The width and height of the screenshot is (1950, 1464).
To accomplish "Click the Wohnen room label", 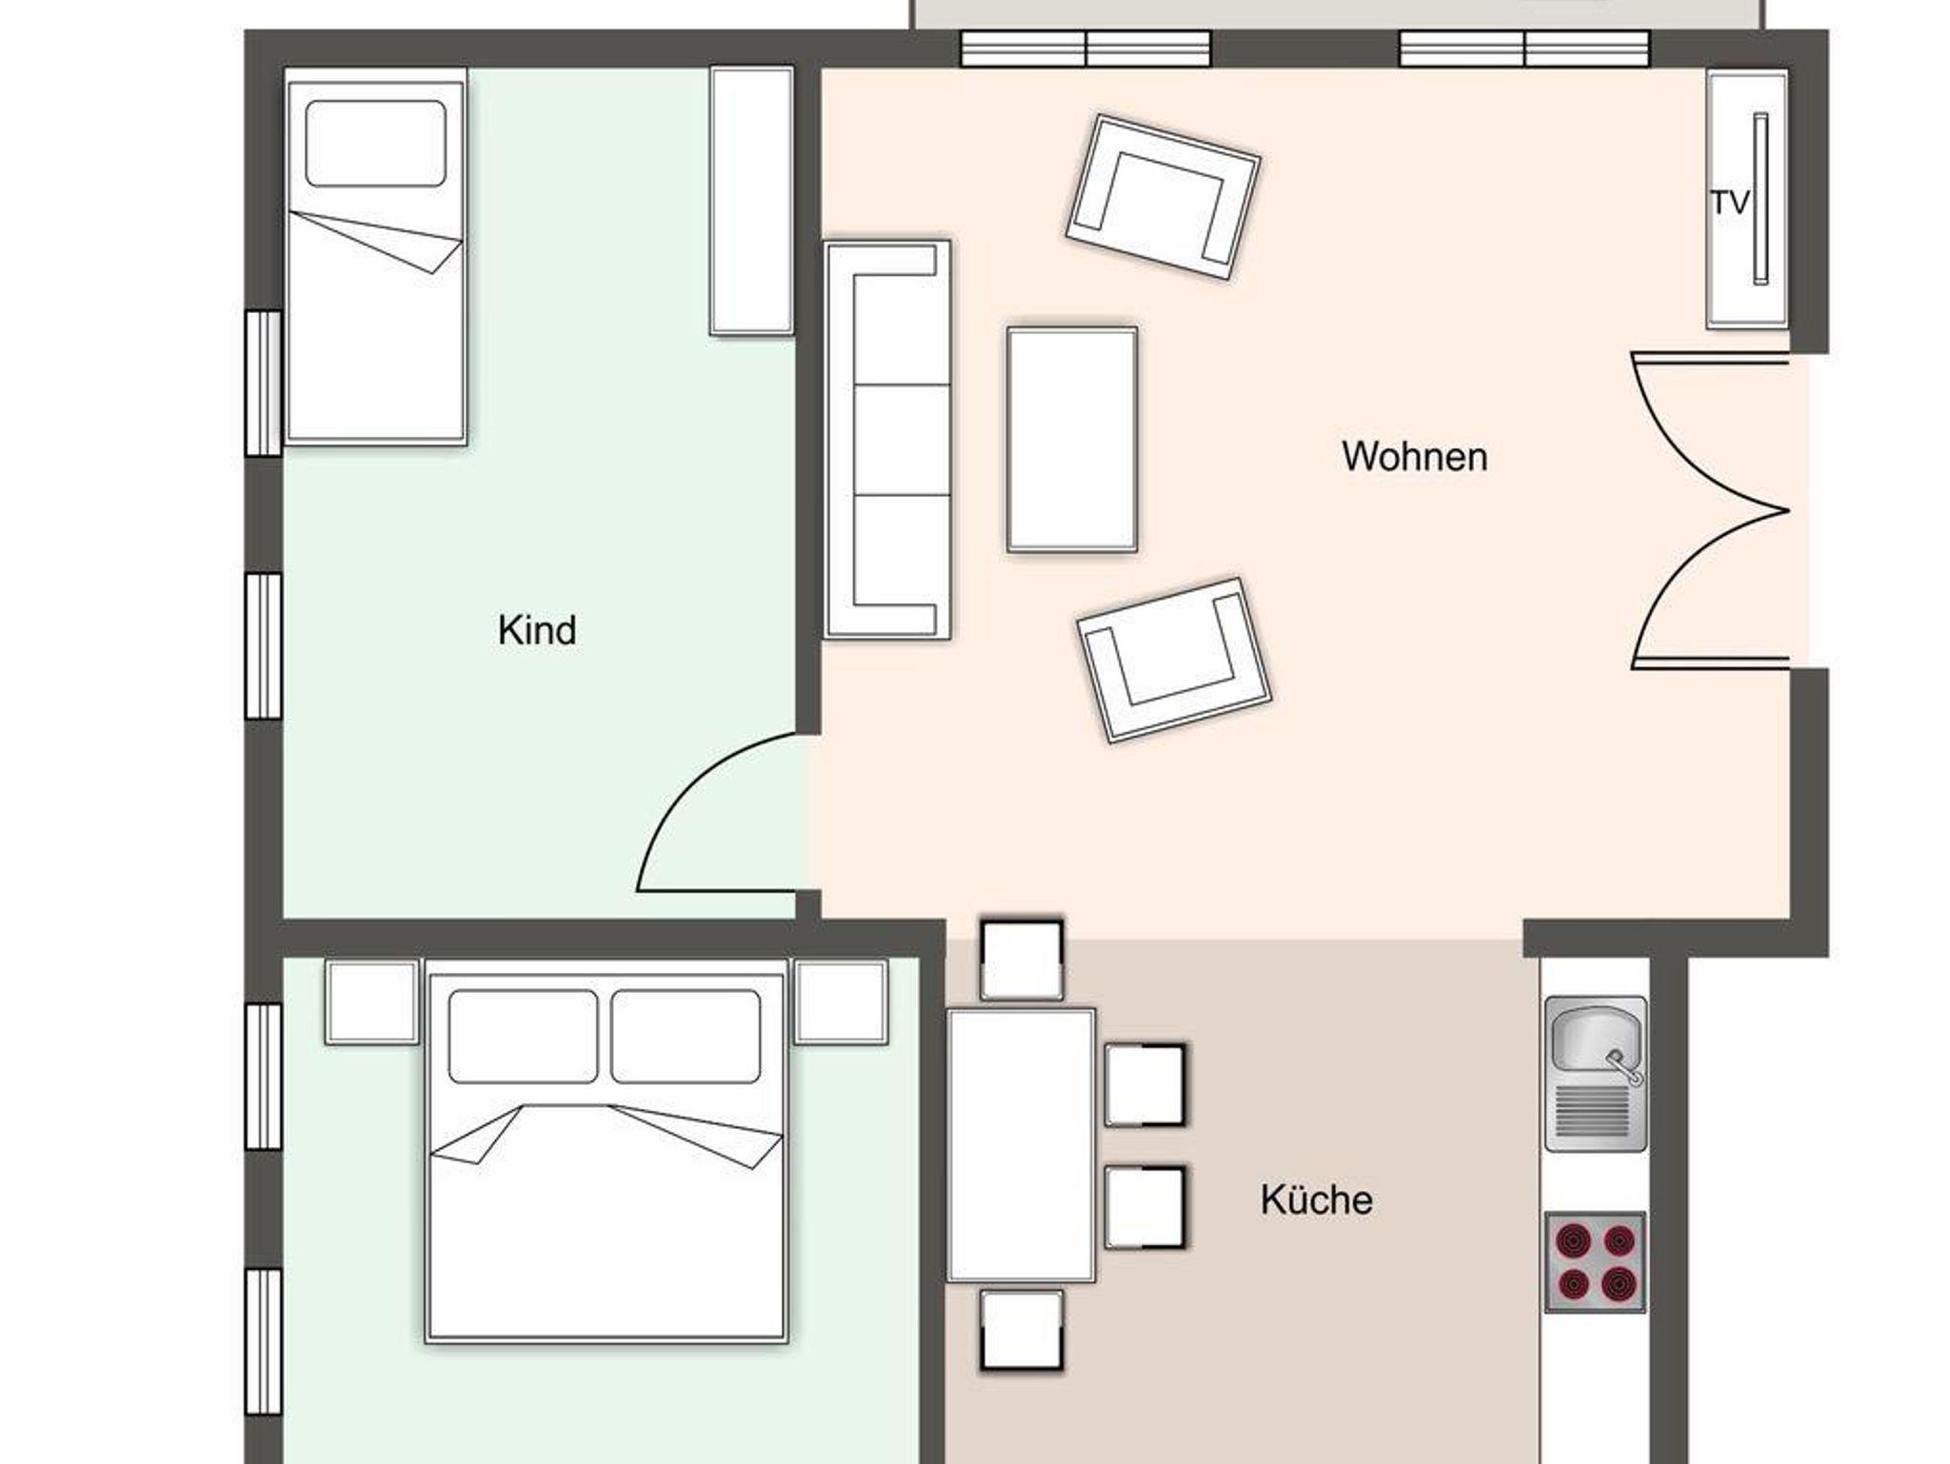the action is [x=1414, y=457].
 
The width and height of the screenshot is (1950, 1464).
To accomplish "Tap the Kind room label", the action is [x=537, y=630].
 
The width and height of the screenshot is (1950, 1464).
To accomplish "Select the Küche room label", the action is [x=1317, y=1199].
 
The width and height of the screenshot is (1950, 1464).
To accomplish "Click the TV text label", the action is [x=1730, y=203].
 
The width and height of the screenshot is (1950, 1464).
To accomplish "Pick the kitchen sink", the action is [x=1595, y=1074].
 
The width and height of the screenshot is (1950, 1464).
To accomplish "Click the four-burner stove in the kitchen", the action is [x=1595, y=1262].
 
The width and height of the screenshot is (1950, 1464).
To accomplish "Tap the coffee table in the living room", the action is [x=1072, y=440].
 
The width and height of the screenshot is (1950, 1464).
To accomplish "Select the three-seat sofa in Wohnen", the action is [x=887, y=440].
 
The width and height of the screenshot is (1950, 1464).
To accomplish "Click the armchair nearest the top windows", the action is [x=1163, y=197].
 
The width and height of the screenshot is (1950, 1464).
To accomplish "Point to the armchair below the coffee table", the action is [x=1174, y=660].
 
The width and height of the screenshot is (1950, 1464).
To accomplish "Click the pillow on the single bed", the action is [x=376, y=144].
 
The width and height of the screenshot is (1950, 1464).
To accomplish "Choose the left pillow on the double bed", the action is [x=523, y=1037].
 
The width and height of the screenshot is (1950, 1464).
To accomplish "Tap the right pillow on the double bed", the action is [x=686, y=1037].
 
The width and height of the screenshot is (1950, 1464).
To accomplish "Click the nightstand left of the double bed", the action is [x=372, y=1002].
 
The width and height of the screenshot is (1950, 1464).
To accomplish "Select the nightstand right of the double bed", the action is [x=841, y=1002].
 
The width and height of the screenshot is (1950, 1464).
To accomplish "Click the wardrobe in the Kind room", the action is [x=751, y=201].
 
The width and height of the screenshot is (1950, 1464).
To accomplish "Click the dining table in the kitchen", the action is [x=1021, y=1146].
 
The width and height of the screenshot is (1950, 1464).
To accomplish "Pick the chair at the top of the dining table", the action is [x=1022, y=960].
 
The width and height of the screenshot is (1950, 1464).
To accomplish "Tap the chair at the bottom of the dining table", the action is [x=1022, y=1331].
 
